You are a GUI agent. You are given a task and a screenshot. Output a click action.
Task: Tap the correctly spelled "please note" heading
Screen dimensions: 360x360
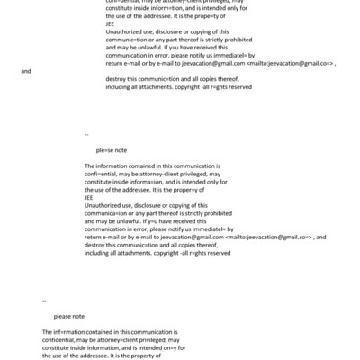click(x=69, y=316)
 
